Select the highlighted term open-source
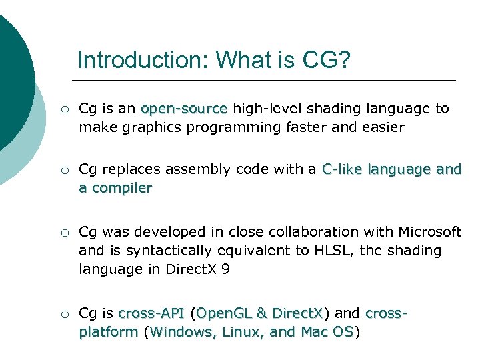(184, 109)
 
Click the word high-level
(266, 109)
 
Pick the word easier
(381, 127)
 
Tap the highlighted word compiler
(121, 188)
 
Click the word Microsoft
(429, 232)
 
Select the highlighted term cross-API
(151, 313)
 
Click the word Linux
(242, 331)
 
